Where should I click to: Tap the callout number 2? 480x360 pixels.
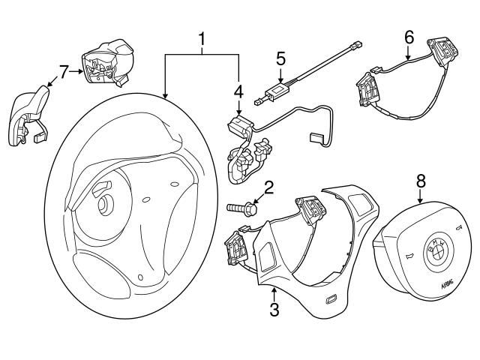[267, 187]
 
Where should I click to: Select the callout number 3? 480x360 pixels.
[274, 310]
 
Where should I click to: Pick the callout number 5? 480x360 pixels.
[280, 58]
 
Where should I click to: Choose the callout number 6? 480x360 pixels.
[409, 36]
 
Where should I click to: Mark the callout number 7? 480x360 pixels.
[64, 71]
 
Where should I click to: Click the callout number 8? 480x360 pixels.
[421, 181]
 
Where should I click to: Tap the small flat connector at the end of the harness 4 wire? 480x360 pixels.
[315, 137]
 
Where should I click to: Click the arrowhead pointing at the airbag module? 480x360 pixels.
[420, 200]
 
